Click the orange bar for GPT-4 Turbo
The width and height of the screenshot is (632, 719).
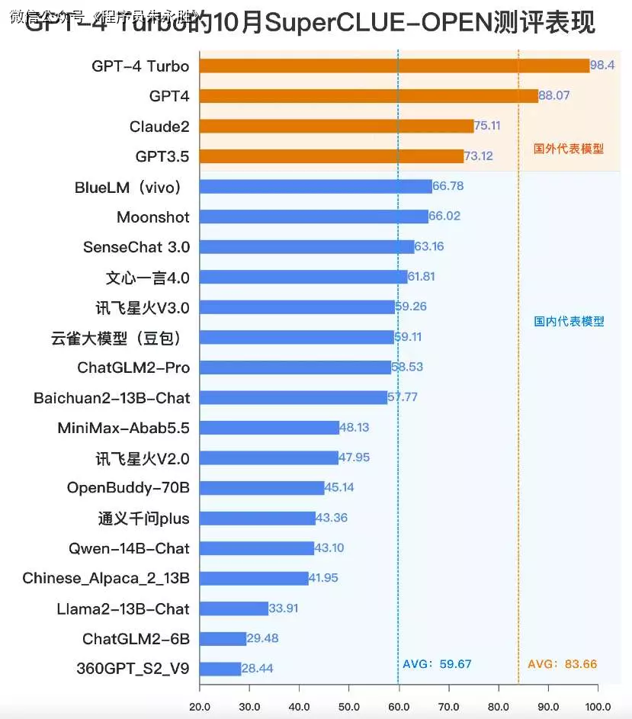click(x=394, y=66)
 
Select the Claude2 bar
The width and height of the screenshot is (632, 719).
click(x=336, y=126)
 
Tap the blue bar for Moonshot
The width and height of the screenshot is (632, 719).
click(x=313, y=217)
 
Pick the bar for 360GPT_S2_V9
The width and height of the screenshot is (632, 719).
click(x=220, y=669)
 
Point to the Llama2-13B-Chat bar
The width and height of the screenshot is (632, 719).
click(x=233, y=608)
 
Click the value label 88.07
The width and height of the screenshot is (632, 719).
click(x=554, y=96)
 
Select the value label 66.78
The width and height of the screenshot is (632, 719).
click(x=448, y=186)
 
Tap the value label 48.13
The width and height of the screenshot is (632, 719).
click(x=354, y=428)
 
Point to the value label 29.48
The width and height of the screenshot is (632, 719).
click(x=262, y=638)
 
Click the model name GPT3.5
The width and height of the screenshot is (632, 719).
click(x=162, y=156)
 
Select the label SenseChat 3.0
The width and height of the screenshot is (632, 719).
click(x=136, y=247)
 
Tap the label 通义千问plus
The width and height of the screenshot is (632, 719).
click(x=143, y=518)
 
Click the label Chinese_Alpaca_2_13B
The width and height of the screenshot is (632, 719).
click(x=106, y=578)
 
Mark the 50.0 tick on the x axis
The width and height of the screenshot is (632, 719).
click(x=348, y=706)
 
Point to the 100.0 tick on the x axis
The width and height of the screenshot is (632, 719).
click(x=597, y=706)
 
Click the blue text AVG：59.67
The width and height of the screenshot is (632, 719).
click(x=437, y=664)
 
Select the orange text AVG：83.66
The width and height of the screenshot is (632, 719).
click(x=562, y=664)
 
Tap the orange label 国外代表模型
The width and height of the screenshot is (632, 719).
click(x=569, y=149)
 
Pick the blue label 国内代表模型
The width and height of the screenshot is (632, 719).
click(x=569, y=321)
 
